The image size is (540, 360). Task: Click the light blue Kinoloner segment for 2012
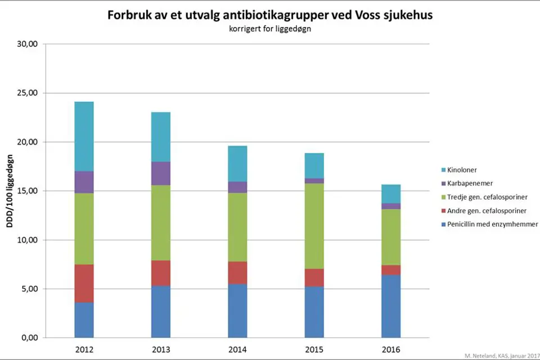tap(84, 136)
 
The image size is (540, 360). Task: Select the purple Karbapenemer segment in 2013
tap(161, 173)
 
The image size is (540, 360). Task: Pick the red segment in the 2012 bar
tap(84, 283)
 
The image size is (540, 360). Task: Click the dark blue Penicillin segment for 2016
tap(390, 306)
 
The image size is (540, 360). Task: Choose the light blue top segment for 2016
tap(390, 193)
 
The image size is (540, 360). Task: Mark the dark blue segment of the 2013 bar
tap(161, 312)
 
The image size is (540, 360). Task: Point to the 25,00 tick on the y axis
tap(26, 93)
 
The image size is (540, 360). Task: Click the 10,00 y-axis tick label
tap(26, 240)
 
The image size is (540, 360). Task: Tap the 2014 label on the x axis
tap(237, 350)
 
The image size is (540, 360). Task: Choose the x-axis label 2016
tap(390, 350)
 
